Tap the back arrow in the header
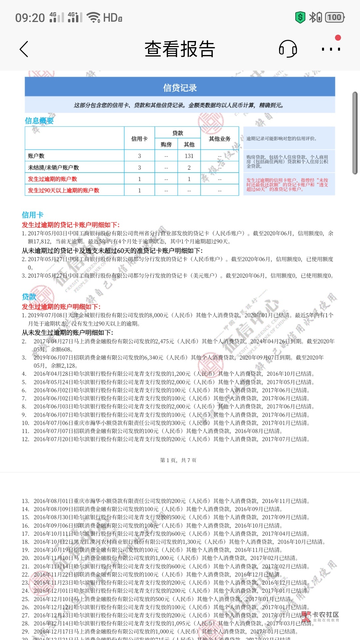click(x=24, y=49)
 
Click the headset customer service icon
click(x=288, y=49)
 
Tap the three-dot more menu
click(x=331, y=49)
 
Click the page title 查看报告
click(x=180, y=49)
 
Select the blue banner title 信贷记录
click(x=180, y=88)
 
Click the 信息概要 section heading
click(x=39, y=121)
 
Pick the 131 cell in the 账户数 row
click(x=189, y=156)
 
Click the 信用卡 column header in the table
click(x=139, y=139)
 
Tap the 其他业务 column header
click(x=220, y=139)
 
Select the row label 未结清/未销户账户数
click(x=54, y=167)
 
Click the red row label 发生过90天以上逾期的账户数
click(x=64, y=190)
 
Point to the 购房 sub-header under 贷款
click(x=166, y=144)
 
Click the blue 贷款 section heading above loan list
click(x=29, y=297)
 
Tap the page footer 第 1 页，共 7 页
click(x=178, y=460)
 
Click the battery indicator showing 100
click(x=334, y=17)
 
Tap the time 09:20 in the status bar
click(x=30, y=18)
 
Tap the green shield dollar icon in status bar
click(x=300, y=17)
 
